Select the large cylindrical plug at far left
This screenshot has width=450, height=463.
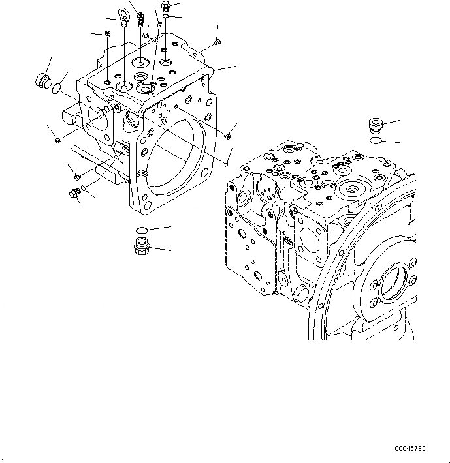(42, 82)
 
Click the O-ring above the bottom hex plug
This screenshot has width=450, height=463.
(141, 230)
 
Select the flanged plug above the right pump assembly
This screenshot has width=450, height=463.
(376, 125)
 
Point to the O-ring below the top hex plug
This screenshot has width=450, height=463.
(166, 17)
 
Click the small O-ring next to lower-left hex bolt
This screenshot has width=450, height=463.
(83, 188)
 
